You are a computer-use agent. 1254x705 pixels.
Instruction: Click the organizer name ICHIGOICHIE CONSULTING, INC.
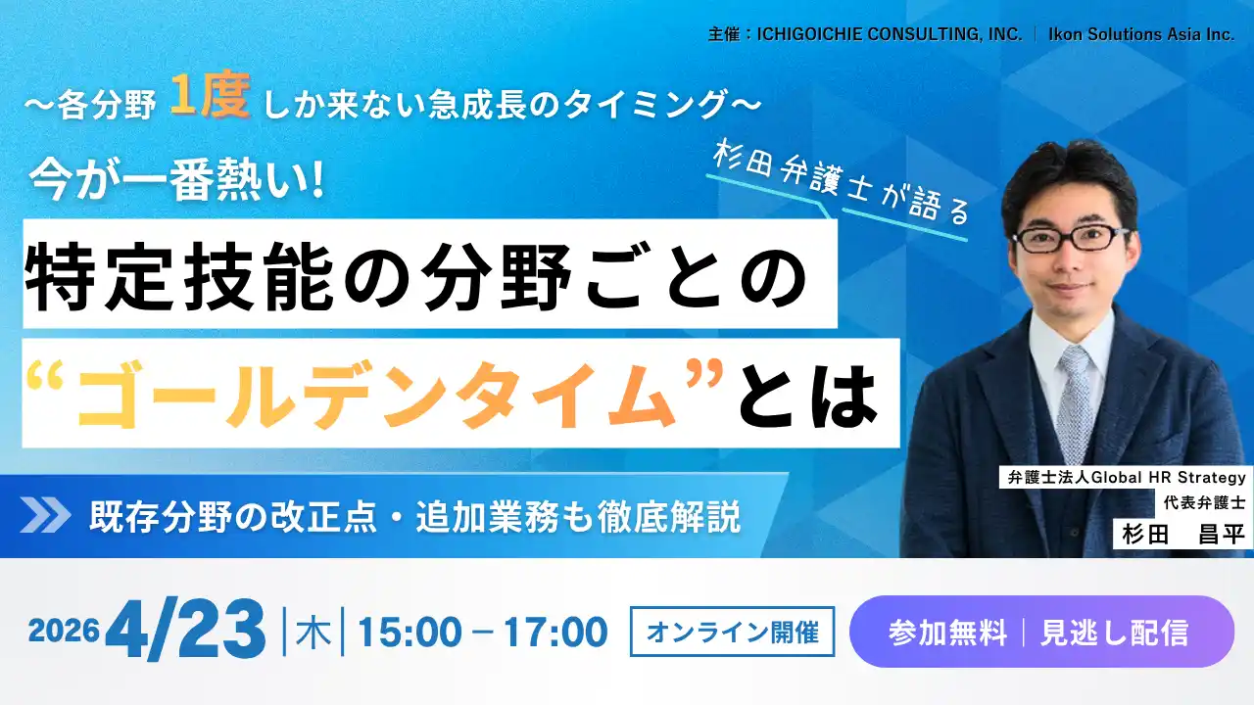[890, 34]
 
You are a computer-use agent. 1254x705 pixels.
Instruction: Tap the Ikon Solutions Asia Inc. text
[1141, 34]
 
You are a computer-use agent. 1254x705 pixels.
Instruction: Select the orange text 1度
[211, 95]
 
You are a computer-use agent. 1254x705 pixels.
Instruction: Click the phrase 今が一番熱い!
[176, 180]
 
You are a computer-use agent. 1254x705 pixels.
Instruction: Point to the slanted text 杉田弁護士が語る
[841, 185]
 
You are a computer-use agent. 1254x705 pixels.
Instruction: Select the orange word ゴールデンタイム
[375, 395]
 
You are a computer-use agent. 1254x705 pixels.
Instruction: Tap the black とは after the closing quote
[808, 395]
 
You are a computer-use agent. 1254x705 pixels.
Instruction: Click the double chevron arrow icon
[46, 515]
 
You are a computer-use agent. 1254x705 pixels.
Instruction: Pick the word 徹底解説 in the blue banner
[668, 516]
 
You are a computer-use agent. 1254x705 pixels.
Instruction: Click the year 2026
[64, 631]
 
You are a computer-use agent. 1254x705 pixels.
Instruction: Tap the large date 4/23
[186, 630]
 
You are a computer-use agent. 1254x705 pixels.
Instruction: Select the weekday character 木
[313, 632]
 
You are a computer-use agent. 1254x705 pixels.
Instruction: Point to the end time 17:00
[555, 633]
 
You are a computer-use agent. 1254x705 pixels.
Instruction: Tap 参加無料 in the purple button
[947, 633]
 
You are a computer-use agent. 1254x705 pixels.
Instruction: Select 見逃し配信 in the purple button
[1115, 633]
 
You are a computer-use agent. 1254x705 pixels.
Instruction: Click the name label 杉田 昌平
[1182, 535]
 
